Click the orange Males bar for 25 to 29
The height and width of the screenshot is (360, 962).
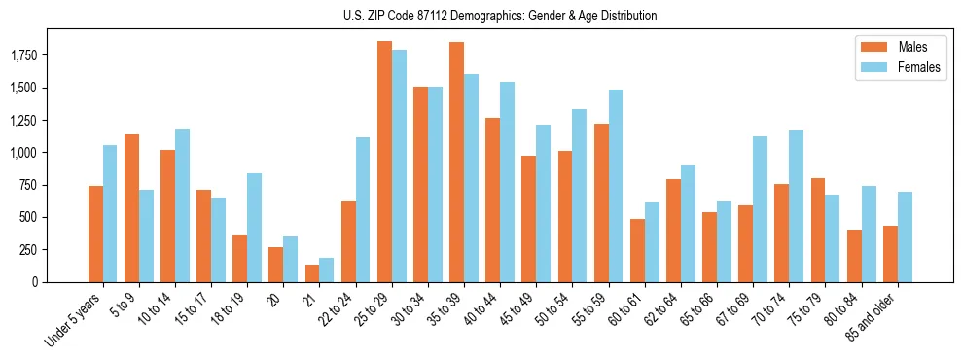pyautogui.click(x=384, y=162)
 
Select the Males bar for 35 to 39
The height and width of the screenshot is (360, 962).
pyautogui.click(x=456, y=162)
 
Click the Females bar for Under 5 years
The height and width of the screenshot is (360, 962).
pyautogui.click(x=110, y=213)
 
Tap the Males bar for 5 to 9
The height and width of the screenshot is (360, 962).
pyautogui.click(x=131, y=208)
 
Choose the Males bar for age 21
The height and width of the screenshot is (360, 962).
pyautogui.click(x=312, y=273)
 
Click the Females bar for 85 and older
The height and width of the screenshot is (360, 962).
pyautogui.click(x=905, y=236)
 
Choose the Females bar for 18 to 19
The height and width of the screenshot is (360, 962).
pyautogui.click(x=254, y=228)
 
